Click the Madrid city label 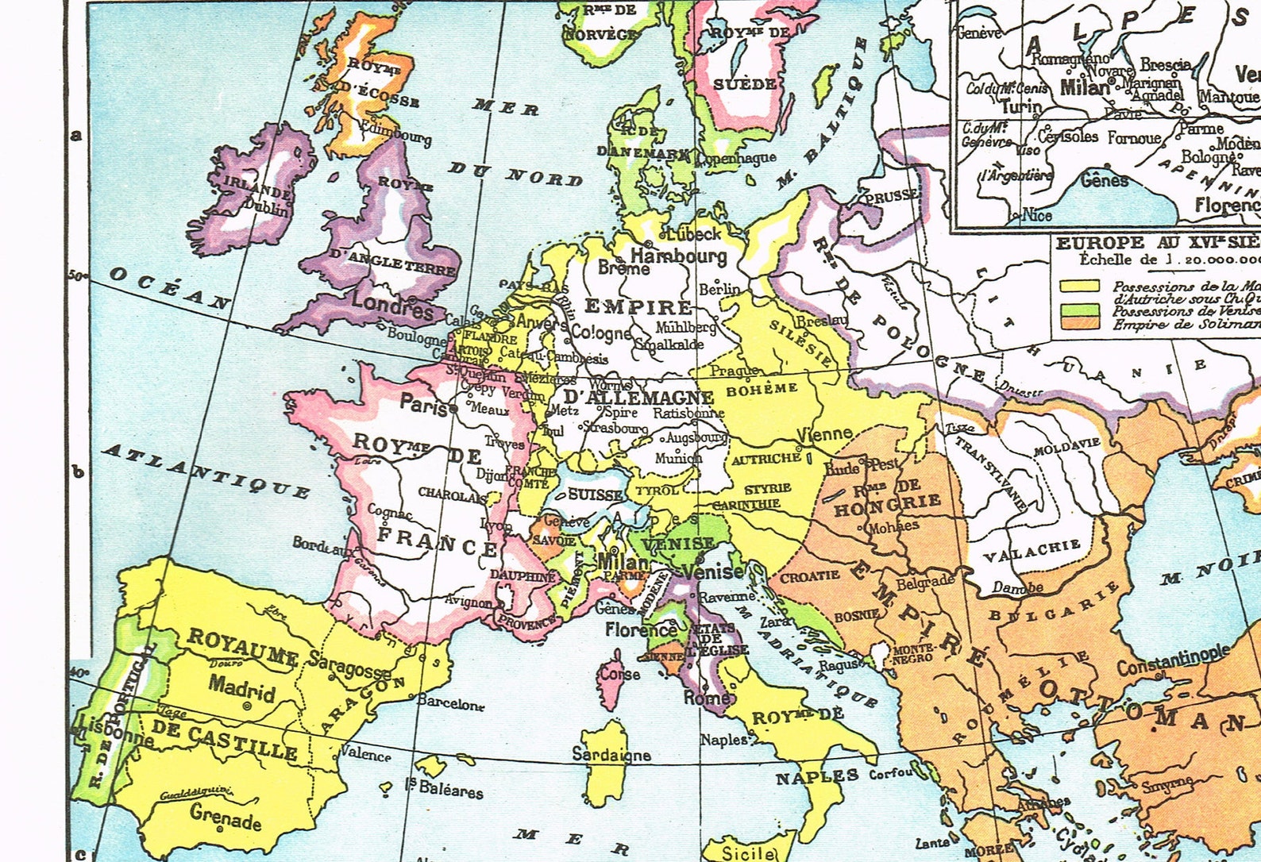[x=241, y=687]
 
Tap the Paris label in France [x=423, y=403]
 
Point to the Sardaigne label [x=611, y=755]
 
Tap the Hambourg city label [x=678, y=256]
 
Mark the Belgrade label [x=924, y=582]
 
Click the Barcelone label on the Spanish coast [x=449, y=704]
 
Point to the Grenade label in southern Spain [x=226, y=816]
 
